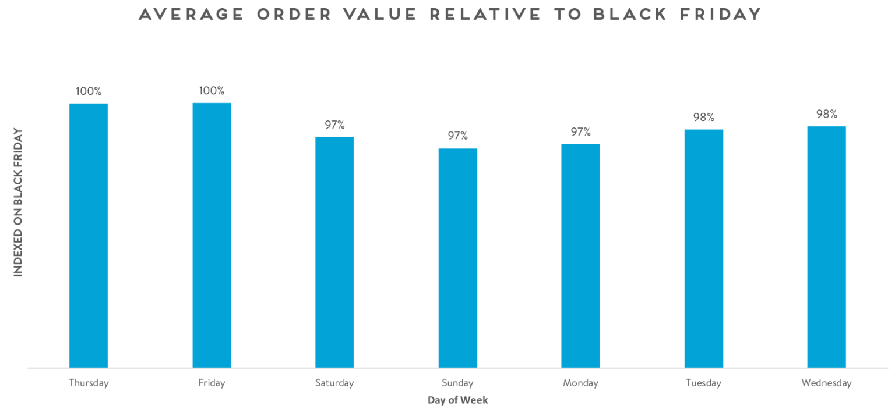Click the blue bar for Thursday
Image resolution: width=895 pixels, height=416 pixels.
pos(89,236)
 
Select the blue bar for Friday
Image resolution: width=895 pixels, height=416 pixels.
pos(212,236)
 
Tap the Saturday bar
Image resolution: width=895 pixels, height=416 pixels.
pos(334,253)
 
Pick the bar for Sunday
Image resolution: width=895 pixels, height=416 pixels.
pos(457,258)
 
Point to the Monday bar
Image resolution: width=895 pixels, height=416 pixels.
pos(580,256)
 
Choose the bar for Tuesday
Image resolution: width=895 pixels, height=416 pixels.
pos(703,248)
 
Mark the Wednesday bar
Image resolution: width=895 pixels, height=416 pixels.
pos(826,247)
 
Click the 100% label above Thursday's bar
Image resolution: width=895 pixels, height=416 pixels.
pos(89,91)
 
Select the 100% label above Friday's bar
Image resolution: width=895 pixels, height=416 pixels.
pos(212,91)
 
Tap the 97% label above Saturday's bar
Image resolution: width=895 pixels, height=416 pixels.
pos(334,125)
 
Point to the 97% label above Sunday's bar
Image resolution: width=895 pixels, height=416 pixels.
pos(457,136)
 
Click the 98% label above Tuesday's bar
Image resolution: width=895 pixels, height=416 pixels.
pos(703,117)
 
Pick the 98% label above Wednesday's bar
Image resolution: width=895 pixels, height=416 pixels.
pos(826,114)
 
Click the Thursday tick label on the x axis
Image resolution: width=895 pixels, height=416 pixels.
pos(89,383)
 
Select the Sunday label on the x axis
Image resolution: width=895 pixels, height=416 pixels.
pos(457,383)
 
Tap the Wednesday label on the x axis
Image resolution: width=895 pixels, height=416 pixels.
pos(826,383)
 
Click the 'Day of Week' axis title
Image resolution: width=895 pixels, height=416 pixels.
pos(457,400)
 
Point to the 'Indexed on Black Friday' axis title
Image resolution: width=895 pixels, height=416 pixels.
pos(18,202)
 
